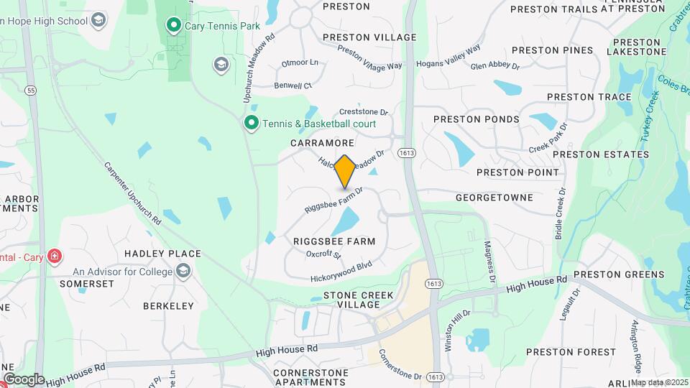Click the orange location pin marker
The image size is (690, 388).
tap(345, 171)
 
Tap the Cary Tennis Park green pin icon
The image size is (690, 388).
tap(173, 26)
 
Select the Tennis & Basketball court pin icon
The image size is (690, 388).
tap(251, 124)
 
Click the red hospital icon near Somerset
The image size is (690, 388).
tap(55, 257)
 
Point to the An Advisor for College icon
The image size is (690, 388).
tap(184, 271)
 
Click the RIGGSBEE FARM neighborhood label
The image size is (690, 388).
tap(334, 241)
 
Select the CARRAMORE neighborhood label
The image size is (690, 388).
tap(323, 143)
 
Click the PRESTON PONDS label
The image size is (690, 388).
tap(477, 119)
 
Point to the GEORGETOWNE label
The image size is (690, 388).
tap(494, 197)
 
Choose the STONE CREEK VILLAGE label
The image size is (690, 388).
tap(351, 300)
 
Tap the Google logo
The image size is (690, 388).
tap(23, 379)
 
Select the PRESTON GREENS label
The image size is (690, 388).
tap(599, 274)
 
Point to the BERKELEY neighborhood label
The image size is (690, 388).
tap(168, 305)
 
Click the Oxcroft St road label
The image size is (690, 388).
tap(323, 254)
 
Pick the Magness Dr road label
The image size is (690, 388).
tap(492, 259)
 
